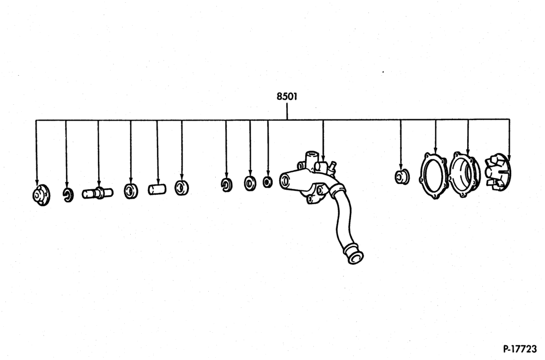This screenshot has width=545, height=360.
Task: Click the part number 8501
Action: coord(287,97)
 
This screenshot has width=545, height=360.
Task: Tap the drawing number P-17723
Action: coord(520,348)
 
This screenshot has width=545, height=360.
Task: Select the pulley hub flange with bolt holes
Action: coord(41,195)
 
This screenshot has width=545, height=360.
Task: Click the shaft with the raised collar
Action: coord(98,193)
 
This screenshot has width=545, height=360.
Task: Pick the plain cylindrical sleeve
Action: coord(157,190)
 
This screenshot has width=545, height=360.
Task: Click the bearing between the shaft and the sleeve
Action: coord(131,191)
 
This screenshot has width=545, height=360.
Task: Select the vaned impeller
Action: coord(498,172)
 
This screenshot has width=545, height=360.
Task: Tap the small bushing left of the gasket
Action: coord(402,177)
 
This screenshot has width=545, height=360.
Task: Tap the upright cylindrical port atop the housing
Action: coord(311,158)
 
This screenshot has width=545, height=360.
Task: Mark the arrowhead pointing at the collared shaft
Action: coord(99,184)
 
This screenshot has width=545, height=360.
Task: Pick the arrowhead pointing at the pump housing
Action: coord(323,158)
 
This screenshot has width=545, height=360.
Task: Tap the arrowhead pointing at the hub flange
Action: coord(37,183)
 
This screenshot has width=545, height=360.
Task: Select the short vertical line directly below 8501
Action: coord(287,111)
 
